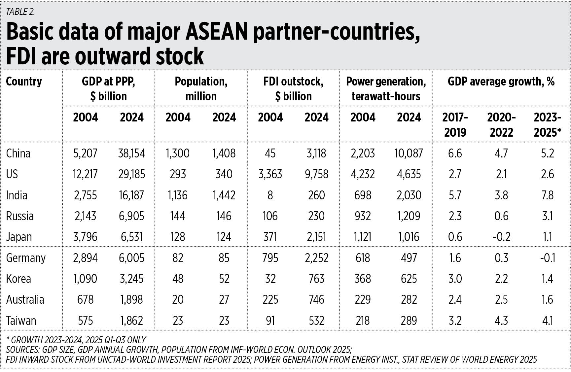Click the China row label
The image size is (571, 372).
click(18, 153)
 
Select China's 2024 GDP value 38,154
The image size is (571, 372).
click(131, 153)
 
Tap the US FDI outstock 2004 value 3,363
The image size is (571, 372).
click(270, 174)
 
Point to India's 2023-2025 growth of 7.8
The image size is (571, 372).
click(547, 195)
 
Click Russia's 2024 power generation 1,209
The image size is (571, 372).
click(409, 216)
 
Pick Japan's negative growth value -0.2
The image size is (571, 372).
click(501, 237)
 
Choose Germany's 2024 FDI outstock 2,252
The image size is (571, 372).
click(316, 258)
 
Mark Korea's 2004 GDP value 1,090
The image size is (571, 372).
click(85, 279)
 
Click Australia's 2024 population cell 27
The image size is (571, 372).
click(224, 300)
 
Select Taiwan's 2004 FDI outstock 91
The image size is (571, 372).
click(270, 321)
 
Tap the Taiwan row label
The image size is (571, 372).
click(21, 321)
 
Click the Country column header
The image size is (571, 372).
click(24, 82)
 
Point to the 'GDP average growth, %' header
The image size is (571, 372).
click(501, 82)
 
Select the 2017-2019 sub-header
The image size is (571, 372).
click(455, 125)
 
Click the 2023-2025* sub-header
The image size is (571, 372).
click(547, 125)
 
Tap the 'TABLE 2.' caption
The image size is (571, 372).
click(20, 12)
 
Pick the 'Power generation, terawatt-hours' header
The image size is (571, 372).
click(386, 89)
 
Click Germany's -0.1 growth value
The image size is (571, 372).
click(547, 258)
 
